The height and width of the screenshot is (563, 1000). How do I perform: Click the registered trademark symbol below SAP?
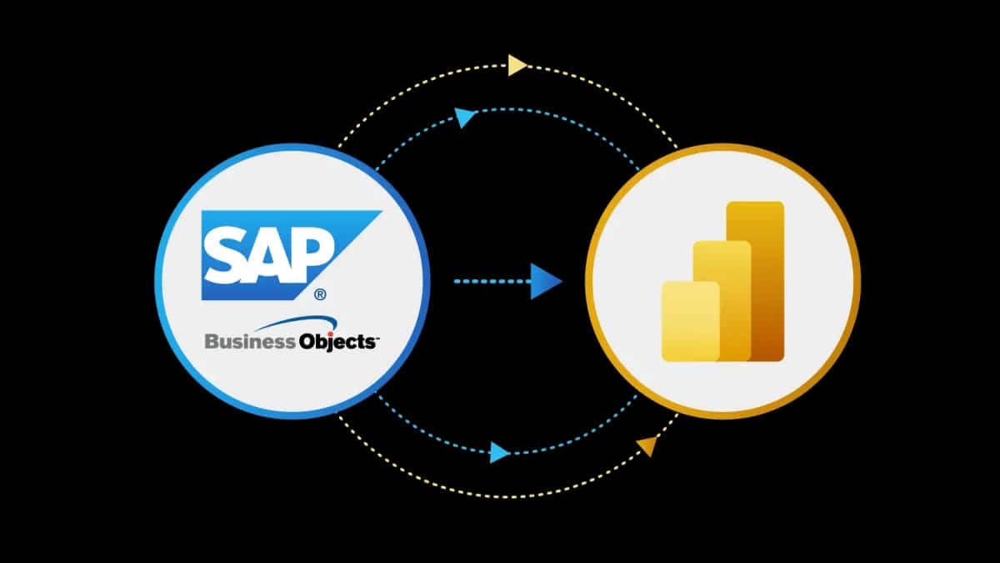tap(319, 294)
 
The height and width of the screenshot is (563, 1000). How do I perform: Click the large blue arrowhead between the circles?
tap(546, 281)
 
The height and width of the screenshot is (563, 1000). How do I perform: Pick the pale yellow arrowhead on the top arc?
tap(517, 64)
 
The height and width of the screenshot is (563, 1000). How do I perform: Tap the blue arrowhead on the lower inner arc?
tap(499, 453)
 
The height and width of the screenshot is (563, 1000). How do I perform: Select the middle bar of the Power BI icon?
tap(723, 300)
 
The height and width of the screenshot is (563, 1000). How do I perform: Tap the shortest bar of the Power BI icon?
tap(690, 321)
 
